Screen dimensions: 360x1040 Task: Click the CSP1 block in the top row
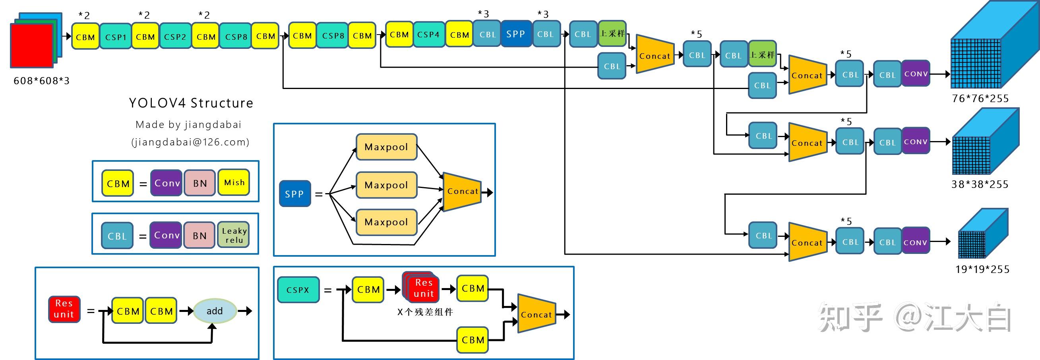point(116,37)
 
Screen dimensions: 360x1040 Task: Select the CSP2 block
point(175,37)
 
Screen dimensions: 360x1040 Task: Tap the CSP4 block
point(428,35)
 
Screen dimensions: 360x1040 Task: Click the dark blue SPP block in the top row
point(515,34)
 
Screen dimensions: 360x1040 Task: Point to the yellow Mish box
point(234,183)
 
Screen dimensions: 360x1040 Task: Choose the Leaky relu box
point(234,235)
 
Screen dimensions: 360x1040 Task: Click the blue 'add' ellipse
point(214,311)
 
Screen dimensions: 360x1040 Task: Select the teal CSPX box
point(298,290)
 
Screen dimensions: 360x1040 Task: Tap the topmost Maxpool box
point(386,147)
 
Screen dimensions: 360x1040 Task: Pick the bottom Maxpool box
point(386,222)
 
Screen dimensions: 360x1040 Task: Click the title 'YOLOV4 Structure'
point(191,103)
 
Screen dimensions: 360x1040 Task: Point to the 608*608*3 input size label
point(42,81)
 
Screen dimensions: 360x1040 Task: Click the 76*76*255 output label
point(980,99)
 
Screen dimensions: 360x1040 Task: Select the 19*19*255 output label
point(982,269)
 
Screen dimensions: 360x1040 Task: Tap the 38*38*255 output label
point(980,184)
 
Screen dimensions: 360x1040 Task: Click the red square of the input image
point(31,46)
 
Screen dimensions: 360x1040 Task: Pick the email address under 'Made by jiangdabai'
point(190,142)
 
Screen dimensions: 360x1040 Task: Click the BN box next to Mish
point(200,183)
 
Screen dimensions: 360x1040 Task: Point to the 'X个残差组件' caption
point(425,312)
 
